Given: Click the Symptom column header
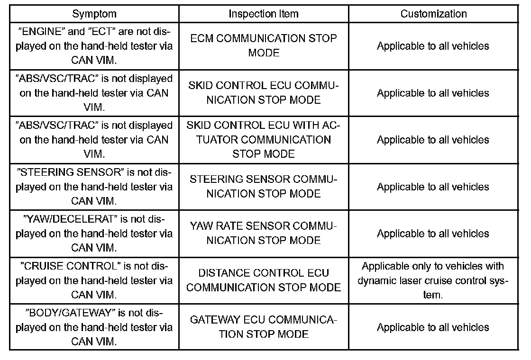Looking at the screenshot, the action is pyautogui.click(x=94, y=14).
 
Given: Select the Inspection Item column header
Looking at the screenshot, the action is pyautogui.click(x=264, y=14).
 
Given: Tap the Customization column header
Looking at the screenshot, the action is pyautogui.click(x=433, y=14).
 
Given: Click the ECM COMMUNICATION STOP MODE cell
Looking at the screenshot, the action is pyautogui.click(x=264, y=45).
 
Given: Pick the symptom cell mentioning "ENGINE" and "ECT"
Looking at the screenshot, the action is pyautogui.click(x=94, y=45).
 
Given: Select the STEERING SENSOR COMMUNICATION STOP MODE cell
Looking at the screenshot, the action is pyautogui.click(x=264, y=187).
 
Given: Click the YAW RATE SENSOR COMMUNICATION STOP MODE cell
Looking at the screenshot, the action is pyautogui.click(x=264, y=234).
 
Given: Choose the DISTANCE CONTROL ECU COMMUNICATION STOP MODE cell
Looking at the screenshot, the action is pyautogui.click(x=264, y=280).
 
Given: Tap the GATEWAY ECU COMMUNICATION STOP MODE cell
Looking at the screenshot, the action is pyautogui.click(x=264, y=327).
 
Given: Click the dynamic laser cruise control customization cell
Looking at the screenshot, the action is pyautogui.click(x=433, y=280).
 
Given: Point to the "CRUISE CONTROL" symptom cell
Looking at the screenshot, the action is pyautogui.click(x=94, y=280).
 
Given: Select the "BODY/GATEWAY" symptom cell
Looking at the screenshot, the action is pyautogui.click(x=94, y=327).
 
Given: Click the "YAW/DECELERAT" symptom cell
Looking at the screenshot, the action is pyautogui.click(x=94, y=234).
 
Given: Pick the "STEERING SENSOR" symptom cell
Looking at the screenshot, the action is pyautogui.click(x=94, y=187).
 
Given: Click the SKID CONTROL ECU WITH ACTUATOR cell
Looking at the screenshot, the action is pyautogui.click(x=264, y=140).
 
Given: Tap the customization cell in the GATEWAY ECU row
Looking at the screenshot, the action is pyautogui.click(x=433, y=327).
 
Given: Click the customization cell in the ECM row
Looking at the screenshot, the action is pyautogui.click(x=433, y=46).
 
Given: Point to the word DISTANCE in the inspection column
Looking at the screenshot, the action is pyautogui.click(x=223, y=273).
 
